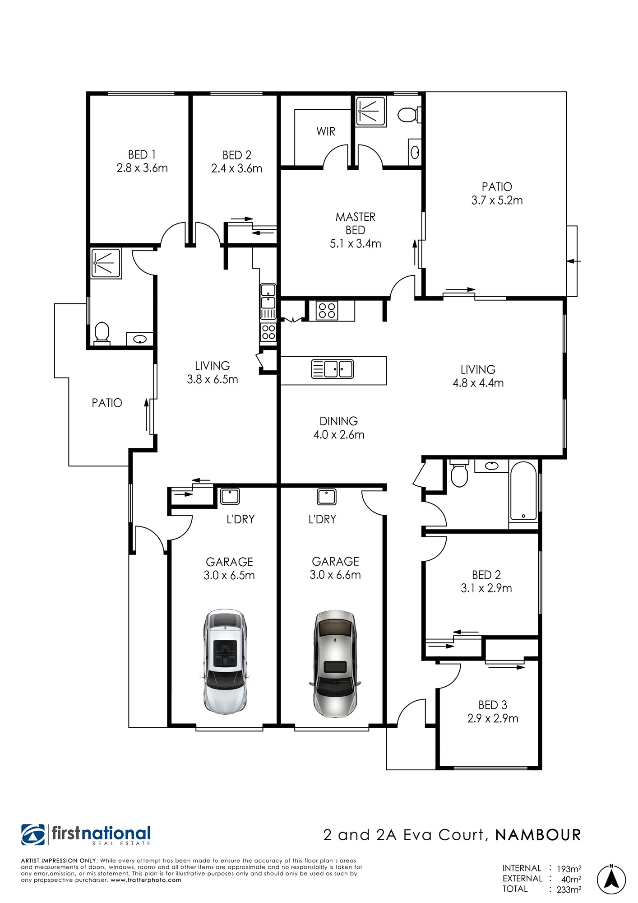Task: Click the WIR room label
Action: (326, 131)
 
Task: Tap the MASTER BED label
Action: (356, 223)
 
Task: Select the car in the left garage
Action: (225, 661)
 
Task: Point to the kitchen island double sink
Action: (333, 369)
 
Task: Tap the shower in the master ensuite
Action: (371, 111)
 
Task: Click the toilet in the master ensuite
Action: (409, 114)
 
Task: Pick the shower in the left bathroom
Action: (106, 263)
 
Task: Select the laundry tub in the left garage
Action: (230, 496)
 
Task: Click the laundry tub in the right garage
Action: (327, 496)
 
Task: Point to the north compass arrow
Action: (611, 880)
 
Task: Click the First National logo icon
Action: (33, 835)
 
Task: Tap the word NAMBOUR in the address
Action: (538, 835)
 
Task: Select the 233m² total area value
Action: (569, 889)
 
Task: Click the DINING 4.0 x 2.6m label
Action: (339, 428)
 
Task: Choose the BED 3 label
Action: (493, 705)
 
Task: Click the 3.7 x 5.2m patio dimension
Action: (497, 200)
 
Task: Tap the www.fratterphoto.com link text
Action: (146, 880)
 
